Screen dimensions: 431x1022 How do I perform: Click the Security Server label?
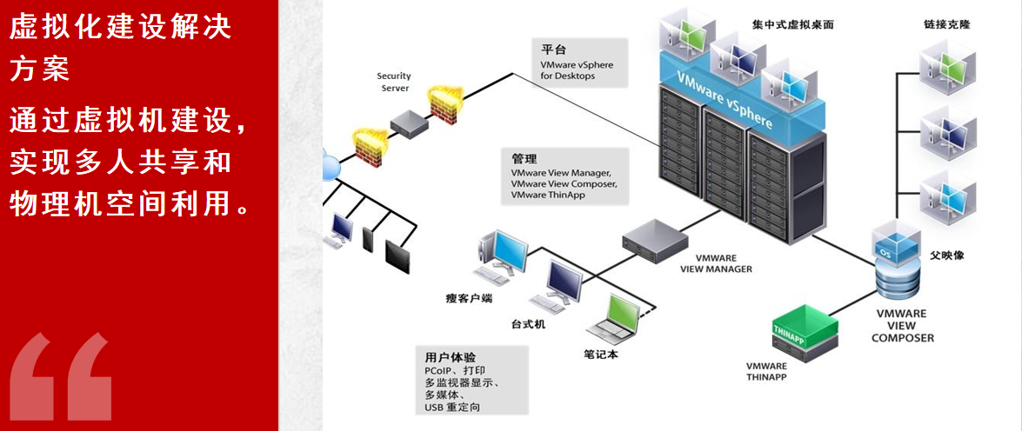coord(395,82)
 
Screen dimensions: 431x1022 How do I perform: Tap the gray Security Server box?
coord(408,123)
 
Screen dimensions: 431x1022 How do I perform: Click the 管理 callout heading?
coord(524,160)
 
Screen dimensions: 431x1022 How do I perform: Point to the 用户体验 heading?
coord(450,358)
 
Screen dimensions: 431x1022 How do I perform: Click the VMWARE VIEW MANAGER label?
coord(716,263)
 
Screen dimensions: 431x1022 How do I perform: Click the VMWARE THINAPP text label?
coord(766,371)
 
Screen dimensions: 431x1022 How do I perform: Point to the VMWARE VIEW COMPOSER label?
coord(902,325)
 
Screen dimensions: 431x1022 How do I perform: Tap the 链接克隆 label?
coord(948,25)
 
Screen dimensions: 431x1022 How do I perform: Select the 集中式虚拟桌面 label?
coord(792,25)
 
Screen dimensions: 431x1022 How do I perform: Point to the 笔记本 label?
coord(600,355)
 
